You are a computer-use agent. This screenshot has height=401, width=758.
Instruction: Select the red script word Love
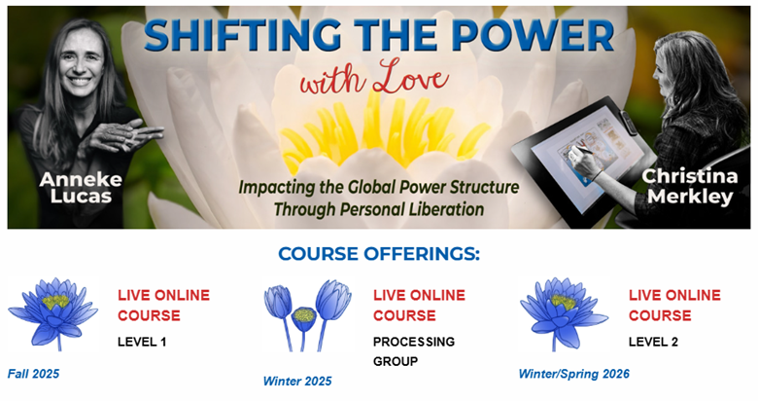(x=410, y=78)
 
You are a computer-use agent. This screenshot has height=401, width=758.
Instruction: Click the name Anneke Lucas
(x=81, y=188)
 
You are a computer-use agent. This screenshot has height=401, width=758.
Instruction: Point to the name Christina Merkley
(x=690, y=187)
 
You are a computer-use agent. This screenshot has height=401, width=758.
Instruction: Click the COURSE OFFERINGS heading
(x=379, y=254)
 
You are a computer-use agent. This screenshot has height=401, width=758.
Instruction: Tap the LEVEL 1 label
(x=142, y=342)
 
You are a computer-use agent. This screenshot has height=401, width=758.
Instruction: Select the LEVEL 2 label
(x=653, y=342)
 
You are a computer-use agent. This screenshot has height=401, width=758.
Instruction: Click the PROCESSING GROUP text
(x=414, y=351)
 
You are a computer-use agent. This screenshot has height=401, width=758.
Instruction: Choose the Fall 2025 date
(x=33, y=374)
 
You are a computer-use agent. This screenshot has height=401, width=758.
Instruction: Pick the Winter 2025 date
(x=297, y=382)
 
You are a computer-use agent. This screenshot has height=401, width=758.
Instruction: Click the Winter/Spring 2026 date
(x=574, y=374)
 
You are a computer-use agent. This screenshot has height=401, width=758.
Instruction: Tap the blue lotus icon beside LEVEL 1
(x=53, y=313)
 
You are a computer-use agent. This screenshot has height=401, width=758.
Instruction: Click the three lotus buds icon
(x=307, y=314)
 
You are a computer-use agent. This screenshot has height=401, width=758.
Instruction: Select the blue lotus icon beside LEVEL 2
(x=564, y=313)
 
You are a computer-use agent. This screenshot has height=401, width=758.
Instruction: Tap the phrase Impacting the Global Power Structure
(x=379, y=187)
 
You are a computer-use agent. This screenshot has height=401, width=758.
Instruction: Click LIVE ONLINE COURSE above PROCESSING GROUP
(x=419, y=305)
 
